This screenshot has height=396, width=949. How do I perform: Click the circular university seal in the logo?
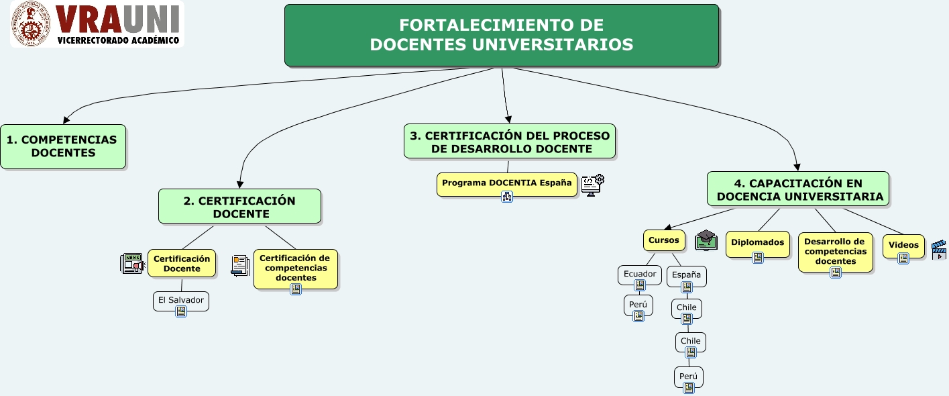[30, 25]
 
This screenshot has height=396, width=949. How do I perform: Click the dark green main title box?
[501, 36]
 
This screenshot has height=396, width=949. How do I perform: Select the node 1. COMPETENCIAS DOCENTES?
[62, 146]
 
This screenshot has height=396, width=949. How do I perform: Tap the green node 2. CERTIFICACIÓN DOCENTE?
[239, 207]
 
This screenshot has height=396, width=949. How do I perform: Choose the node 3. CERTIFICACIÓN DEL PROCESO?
[510, 142]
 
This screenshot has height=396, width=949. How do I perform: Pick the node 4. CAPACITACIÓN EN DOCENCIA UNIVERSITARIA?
[797, 189]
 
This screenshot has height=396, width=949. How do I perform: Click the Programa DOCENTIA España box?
[506, 183]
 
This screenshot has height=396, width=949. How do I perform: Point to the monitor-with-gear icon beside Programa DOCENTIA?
[592, 184]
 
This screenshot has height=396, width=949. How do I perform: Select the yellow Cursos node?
[664, 240]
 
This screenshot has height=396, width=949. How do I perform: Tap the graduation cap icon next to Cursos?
[706, 240]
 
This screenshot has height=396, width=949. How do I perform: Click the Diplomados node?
[757, 243]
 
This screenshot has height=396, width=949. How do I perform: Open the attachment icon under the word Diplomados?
[758, 257]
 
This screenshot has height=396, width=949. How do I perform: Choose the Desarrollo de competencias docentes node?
[835, 251]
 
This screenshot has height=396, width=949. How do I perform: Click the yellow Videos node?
[903, 245]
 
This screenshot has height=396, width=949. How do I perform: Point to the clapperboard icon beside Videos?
[939, 249]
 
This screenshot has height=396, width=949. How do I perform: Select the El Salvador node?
[181, 300]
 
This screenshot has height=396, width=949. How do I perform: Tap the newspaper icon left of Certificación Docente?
[132, 264]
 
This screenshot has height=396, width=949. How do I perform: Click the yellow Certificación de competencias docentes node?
[295, 267]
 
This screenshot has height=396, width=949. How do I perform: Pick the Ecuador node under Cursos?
[640, 274]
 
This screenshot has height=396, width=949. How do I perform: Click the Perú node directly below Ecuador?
[638, 304]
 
